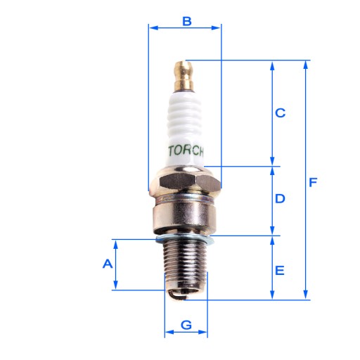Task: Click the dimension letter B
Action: point(187,21)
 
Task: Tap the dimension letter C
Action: point(280,112)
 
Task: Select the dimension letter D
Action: point(280,198)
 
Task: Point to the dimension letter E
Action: point(280,270)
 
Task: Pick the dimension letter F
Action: point(313,182)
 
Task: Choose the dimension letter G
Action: point(186,325)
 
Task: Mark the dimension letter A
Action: point(108,264)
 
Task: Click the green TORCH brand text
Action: point(186,150)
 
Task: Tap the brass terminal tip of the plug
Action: point(183,76)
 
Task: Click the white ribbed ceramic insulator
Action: point(184,129)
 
